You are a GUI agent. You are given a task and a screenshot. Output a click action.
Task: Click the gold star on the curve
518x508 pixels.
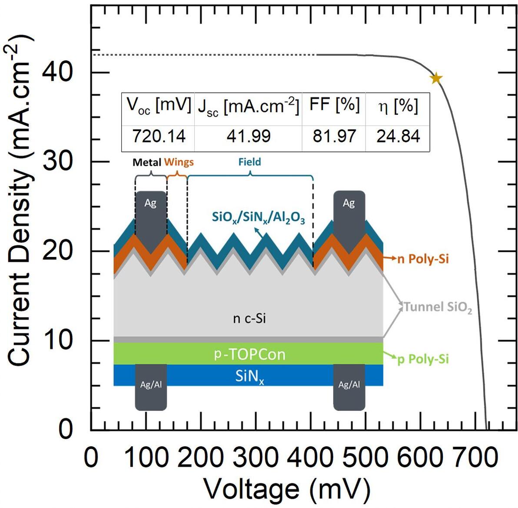click(x=436, y=78)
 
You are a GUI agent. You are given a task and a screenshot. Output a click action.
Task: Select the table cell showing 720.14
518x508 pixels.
click(x=159, y=136)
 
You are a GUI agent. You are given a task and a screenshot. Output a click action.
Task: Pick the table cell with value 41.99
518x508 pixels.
click(x=249, y=136)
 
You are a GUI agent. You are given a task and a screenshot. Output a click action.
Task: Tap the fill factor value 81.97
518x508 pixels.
click(x=334, y=136)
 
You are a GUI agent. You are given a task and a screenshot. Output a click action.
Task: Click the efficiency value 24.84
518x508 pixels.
click(x=398, y=136)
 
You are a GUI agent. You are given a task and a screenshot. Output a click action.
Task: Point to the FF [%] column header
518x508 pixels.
click(x=334, y=105)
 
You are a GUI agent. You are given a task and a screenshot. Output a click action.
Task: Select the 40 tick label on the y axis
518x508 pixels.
click(x=57, y=72)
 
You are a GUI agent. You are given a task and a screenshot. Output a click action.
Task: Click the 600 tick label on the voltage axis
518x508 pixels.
click(x=419, y=458)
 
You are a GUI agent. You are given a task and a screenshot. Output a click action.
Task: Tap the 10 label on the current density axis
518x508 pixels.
click(x=57, y=340)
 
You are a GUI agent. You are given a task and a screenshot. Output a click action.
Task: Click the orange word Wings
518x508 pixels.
click(x=179, y=162)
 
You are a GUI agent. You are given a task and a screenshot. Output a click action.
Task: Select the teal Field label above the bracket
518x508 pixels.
click(x=250, y=162)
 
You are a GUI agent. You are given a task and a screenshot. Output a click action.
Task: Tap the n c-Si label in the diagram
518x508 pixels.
click(x=249, y=319)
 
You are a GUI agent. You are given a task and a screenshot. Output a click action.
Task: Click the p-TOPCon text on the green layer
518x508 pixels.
click(x=249, y=354)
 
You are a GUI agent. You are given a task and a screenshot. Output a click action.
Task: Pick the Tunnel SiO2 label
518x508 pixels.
click(x=438, y=307)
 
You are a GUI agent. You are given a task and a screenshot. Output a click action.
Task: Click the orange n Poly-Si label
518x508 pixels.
click(x=423, y=259)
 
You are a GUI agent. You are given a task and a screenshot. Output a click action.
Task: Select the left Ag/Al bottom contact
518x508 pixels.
click(x=151, y=387)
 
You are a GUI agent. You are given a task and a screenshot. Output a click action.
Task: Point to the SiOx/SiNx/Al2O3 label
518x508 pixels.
click(x=258, y=218)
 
